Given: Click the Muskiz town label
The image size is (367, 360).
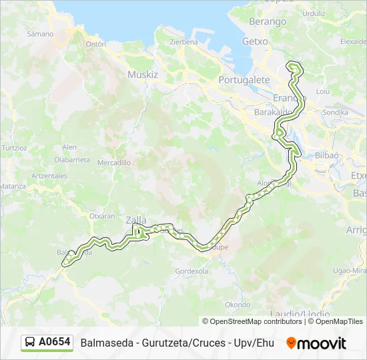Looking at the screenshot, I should [143, 75].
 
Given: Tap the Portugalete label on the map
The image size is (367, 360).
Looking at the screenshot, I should [244, 80].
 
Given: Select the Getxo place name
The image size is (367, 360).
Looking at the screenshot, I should [255, 41].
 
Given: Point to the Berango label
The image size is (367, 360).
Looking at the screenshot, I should [267, 22].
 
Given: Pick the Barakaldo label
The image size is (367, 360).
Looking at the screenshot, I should [271, 113].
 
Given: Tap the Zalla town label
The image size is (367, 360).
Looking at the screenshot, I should [136, 220].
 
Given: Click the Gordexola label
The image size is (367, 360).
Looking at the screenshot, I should [192, 271].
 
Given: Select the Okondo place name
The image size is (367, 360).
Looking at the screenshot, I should [238, 305].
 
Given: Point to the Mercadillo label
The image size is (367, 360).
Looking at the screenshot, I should [113, 163].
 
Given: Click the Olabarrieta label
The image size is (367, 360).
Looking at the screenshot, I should [72, 160].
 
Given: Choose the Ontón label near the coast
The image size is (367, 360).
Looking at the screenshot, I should [95, 44].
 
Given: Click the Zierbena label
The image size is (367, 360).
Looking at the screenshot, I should [184, 41].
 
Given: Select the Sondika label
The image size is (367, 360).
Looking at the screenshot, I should [335, 113].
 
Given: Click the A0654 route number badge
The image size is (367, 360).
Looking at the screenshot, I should [55, 342].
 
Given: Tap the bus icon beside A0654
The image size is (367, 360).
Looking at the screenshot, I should [30, 343].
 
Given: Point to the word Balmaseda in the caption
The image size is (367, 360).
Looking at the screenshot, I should [103, 343].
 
